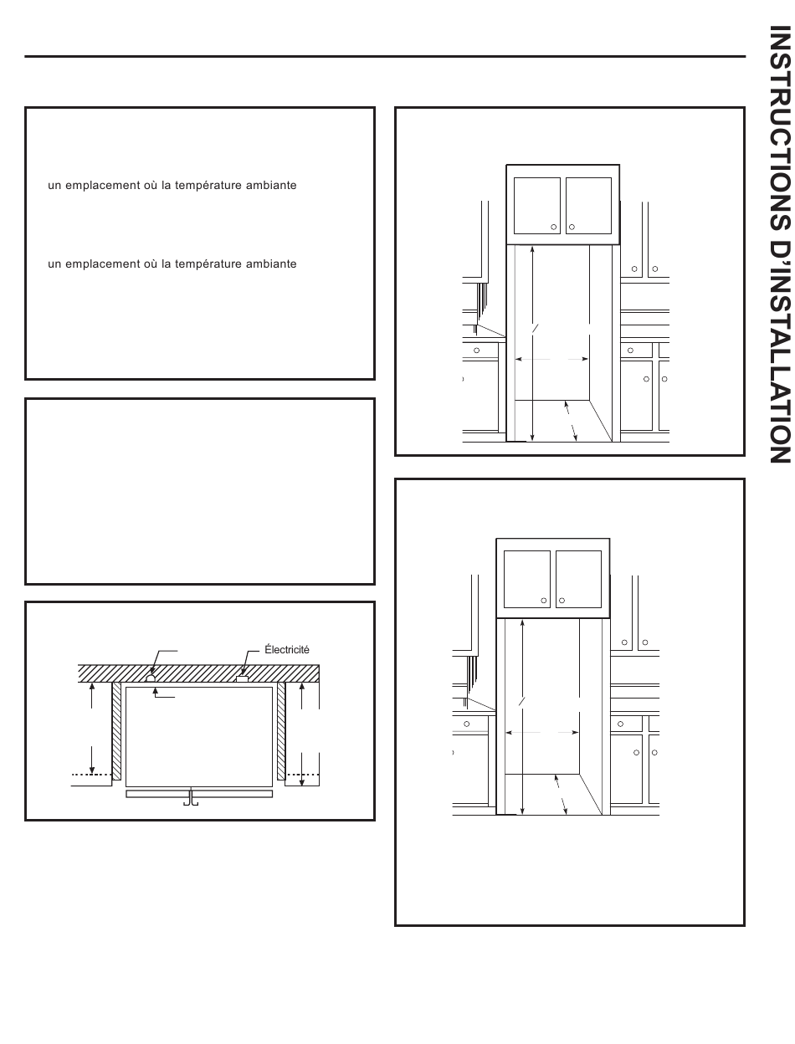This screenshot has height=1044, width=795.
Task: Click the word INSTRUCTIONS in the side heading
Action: click(x=780, y=128)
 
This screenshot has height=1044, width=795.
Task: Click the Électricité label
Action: click(x=287, y=650)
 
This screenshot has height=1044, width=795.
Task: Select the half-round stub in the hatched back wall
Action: click(x=151, y=678)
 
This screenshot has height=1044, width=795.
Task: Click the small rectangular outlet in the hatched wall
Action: click(x=242, y=679)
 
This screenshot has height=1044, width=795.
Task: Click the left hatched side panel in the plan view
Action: click(x=116, y=731)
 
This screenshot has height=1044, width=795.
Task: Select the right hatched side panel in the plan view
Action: click(x=281, y=731)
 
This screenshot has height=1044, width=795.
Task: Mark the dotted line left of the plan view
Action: click(x=92, y=775)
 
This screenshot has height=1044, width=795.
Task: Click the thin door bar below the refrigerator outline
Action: click(x=199, y=794)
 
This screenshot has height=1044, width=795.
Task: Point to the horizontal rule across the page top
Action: click(x=385, y=57)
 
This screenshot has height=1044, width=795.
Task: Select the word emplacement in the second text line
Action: click(x=110, y=264)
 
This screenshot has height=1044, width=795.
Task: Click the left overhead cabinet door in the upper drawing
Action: click(x=537, y=206)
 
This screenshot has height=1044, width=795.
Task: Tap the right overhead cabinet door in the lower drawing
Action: click(x=578, y=580)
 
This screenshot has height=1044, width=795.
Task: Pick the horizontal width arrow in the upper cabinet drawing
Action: click(x=551, y=359)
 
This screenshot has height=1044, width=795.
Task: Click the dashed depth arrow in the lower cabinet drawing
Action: click(x=561, y=795)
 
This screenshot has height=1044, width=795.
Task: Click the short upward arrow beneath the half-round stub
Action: click(x=155, y=693)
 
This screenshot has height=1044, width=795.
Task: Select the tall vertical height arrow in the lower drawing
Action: click(x=522, y=717)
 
